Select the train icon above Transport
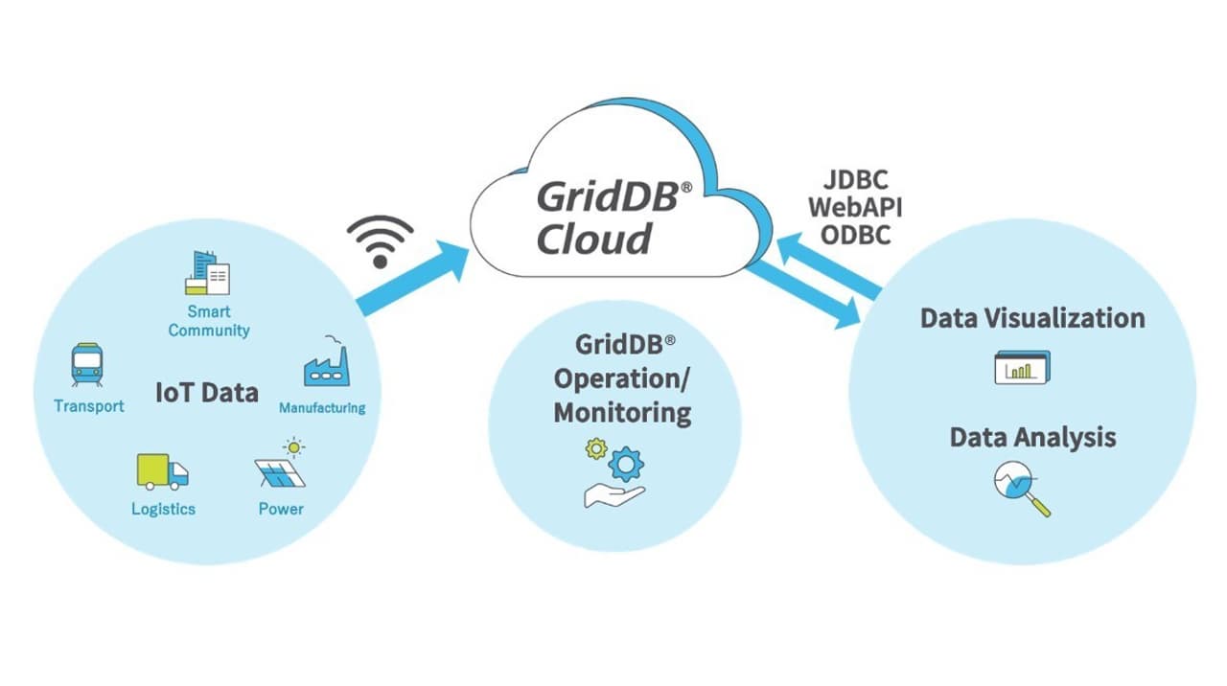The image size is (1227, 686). click(87, 365)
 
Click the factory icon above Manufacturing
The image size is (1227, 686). click(325, 365)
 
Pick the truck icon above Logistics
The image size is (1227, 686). click(162, 471)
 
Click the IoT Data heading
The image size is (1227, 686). click(206, 392)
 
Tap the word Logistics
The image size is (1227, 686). click(163, 509)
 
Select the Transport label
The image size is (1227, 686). click(89, 406)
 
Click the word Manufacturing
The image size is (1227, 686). click(322, 408)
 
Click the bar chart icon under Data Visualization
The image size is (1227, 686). click(1022, 368)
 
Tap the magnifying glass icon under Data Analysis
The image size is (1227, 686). click(1021, 487)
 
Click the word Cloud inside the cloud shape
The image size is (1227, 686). click(594, 238)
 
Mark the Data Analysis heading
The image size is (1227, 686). click(1032, 438)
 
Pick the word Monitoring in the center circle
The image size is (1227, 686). click(622, 413)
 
